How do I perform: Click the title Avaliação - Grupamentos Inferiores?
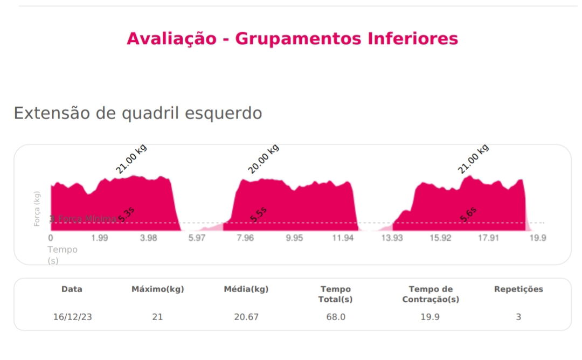[292, 39]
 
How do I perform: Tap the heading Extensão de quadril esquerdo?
[137, 113]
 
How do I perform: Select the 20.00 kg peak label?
[264, 159]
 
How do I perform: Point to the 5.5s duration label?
[259, 215]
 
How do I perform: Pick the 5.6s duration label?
[468, 214]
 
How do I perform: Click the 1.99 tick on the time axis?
[99, 238]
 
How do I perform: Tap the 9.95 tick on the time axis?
[294, 238]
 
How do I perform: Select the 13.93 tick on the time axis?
[392, 238]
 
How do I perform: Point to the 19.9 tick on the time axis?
[538, 238]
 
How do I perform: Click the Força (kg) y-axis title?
[37, 209]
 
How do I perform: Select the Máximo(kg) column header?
[157, 289]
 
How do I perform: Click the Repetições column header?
[518, 289]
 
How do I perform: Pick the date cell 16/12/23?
[72, 317]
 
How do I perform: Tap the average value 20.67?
[246, 317]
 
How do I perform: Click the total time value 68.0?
[335, 317]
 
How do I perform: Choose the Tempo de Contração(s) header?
[430, 294]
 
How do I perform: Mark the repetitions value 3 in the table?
[518, 317]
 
